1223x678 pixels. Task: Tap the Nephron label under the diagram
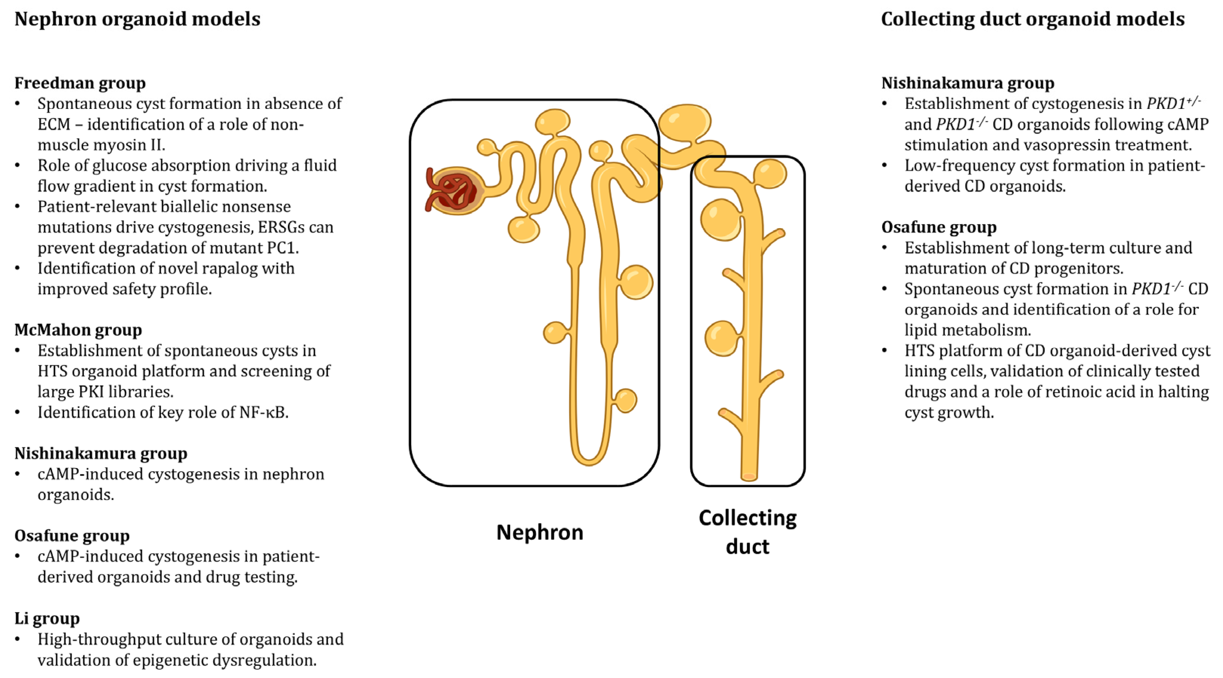click(x=539, y=532)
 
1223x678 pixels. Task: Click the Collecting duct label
click(x=747, y=532)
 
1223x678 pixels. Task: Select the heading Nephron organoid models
click(x=137, y=19)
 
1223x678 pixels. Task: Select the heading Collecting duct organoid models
click(x=1033, y=19)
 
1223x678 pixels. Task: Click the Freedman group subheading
click(x=80, y=83)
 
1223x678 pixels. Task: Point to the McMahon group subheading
click(x=78, y=330)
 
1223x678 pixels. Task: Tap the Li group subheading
click(x=47, y=619)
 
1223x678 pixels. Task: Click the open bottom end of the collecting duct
click(x=749, y=476)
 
